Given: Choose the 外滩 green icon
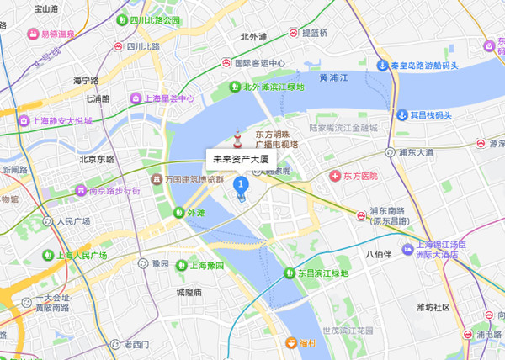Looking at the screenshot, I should (x=178, y=213).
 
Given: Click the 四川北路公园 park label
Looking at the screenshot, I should (x=155, y=19).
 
